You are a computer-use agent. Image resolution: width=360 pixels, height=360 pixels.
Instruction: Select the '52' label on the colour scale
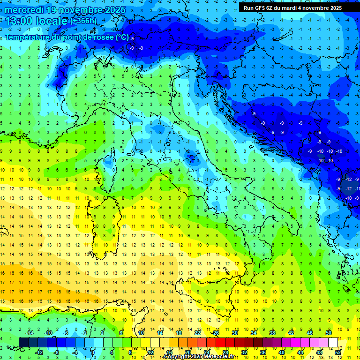tap(338, 352)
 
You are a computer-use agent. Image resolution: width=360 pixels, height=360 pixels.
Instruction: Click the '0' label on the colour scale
tap(93, 352)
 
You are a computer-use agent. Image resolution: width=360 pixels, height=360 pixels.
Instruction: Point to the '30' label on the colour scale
tap(234, 333)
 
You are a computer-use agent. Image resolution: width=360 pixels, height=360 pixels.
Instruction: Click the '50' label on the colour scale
tap(329, 333)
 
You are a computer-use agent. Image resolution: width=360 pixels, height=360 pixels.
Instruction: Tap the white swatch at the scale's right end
tap(333, 343)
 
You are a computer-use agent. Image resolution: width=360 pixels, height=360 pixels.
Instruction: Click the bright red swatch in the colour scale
tap(220, 343)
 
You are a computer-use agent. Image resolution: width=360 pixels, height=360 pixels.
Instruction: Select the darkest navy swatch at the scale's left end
tap(23, 343)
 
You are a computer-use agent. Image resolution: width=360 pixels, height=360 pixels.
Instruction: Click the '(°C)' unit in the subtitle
tap(122, 37)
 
